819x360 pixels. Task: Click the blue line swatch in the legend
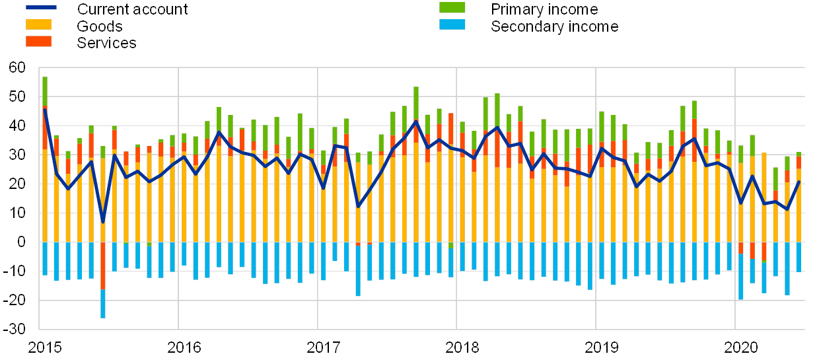click(x=41, y=8)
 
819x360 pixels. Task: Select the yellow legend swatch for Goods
click(x=41, y=25)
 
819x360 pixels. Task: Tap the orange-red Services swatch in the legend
click(x=41, y=41)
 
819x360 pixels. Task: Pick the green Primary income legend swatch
click(x=452, y=8)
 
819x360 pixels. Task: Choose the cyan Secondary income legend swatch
click(x=452, y=25)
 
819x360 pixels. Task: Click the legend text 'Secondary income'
click(x=555, y=26)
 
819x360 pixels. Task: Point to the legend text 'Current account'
click(x=132, y=9)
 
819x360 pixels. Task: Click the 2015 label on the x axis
click(x=44, y=347)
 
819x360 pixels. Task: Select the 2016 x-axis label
click(x=184, y=347)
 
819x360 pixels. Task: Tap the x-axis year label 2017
click(x=323, y=347)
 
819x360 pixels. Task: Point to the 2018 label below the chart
click(x=462, y=347)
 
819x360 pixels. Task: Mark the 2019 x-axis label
click(x=601, y=347)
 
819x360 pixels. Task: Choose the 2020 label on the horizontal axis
click(x=740, y=347)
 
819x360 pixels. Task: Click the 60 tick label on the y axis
click(x=18, y=67)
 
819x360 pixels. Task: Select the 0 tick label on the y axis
click(x=22, y=242)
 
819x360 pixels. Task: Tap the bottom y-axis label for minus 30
click(x=18, y=328)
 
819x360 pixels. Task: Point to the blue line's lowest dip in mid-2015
click(x=103, y=221)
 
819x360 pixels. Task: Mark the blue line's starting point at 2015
click(x=45, y=110)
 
